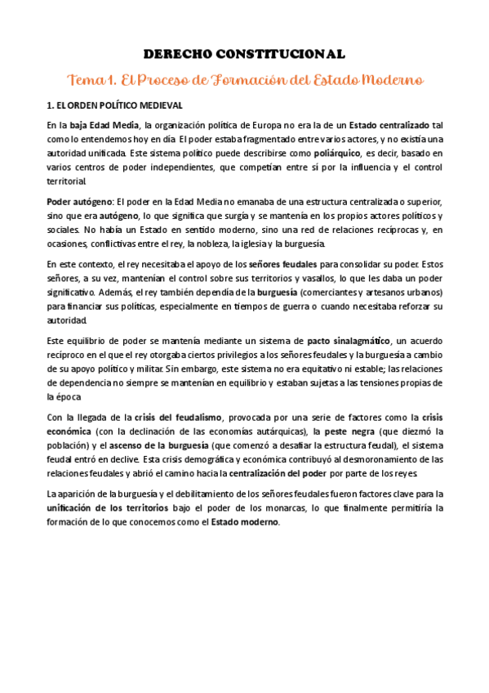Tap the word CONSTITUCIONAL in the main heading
tap(281, 54)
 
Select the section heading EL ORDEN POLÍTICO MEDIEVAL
tap(119, 106)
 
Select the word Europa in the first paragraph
tap(260, 125)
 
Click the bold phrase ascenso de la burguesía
tap(153, 445)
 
